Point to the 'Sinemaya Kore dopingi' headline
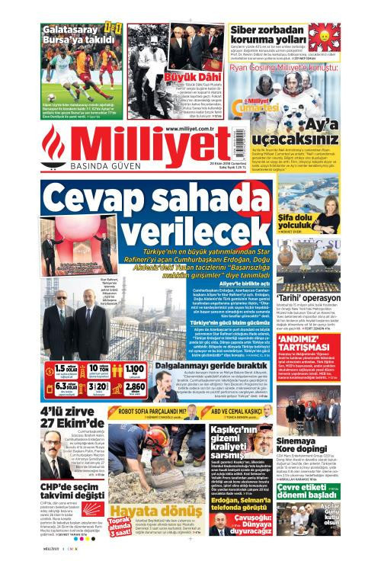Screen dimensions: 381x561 [306, 444]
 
